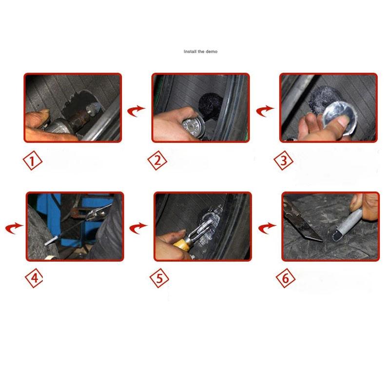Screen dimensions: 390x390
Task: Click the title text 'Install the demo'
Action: pyautogui.click(x=200, y=52)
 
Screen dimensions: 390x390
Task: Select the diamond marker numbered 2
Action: pyautogui.click(x=157, y=161)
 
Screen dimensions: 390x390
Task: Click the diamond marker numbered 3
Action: pyautogui.click(x=284, y=161)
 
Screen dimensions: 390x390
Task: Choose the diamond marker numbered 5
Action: pyautogui.click(x=159, y=279)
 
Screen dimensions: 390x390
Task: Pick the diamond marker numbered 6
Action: pyautogui.click(x=286, y=279)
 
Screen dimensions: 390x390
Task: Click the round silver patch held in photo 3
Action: pyautogui.click(x=334, y=114)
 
